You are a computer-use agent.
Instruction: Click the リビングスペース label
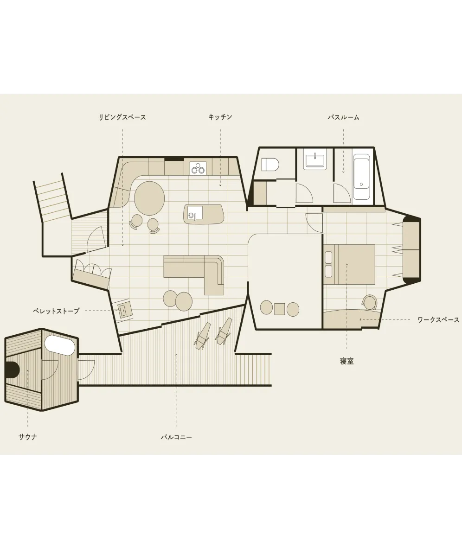(122, 117)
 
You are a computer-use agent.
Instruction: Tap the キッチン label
(220, 117)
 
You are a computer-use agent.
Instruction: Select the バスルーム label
(343, 117)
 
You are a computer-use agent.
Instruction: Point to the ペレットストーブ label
(56, 311)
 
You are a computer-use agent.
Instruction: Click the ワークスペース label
(438, 320)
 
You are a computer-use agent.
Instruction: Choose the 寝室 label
(346, 361)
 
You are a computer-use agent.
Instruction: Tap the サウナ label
(28, 437)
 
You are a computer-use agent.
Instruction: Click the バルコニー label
(176, 437)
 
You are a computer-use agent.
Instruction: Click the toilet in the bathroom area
(270, 164)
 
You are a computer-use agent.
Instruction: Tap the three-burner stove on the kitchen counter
(199, 168)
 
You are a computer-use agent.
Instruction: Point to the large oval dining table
(149, 197)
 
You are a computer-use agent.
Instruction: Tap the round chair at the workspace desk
(370, 302)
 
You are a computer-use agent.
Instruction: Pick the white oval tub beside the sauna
(60, 345)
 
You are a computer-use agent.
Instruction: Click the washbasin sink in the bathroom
(315, 161)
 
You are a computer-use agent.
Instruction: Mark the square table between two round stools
(280, 309)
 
